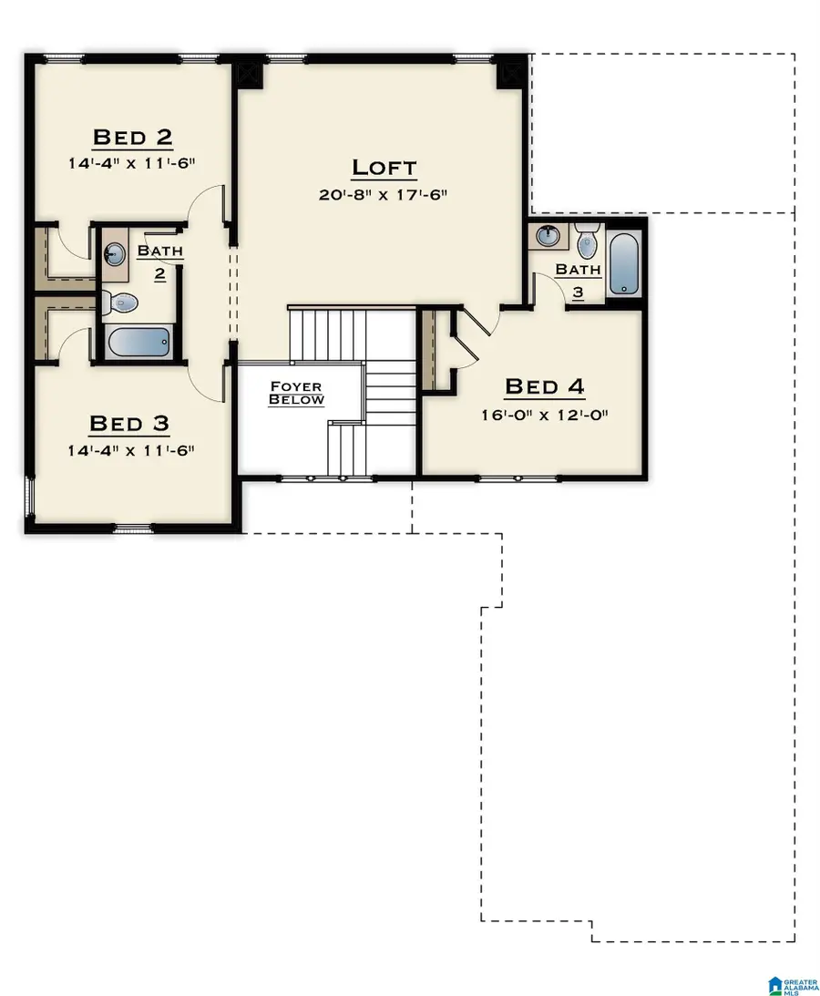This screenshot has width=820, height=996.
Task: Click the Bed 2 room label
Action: tap(132, 138)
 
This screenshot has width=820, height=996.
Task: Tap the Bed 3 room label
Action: tap(128, 424)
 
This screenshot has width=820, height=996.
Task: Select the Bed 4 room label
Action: tap(544, 387)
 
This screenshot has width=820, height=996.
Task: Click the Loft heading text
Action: tap(384, 168)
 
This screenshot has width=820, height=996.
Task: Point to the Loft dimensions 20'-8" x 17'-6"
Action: tap(384, 194)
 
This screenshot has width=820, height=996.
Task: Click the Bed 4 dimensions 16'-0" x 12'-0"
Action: tap(544, 414)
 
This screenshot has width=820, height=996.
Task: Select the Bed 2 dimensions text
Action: tap(132, 163)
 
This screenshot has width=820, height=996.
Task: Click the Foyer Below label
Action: tap(296, 394)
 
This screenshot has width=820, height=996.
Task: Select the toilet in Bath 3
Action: tap(587, 240)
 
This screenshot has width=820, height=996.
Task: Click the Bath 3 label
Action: tap(579, 278)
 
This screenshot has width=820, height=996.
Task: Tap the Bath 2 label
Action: tap(159, 260)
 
